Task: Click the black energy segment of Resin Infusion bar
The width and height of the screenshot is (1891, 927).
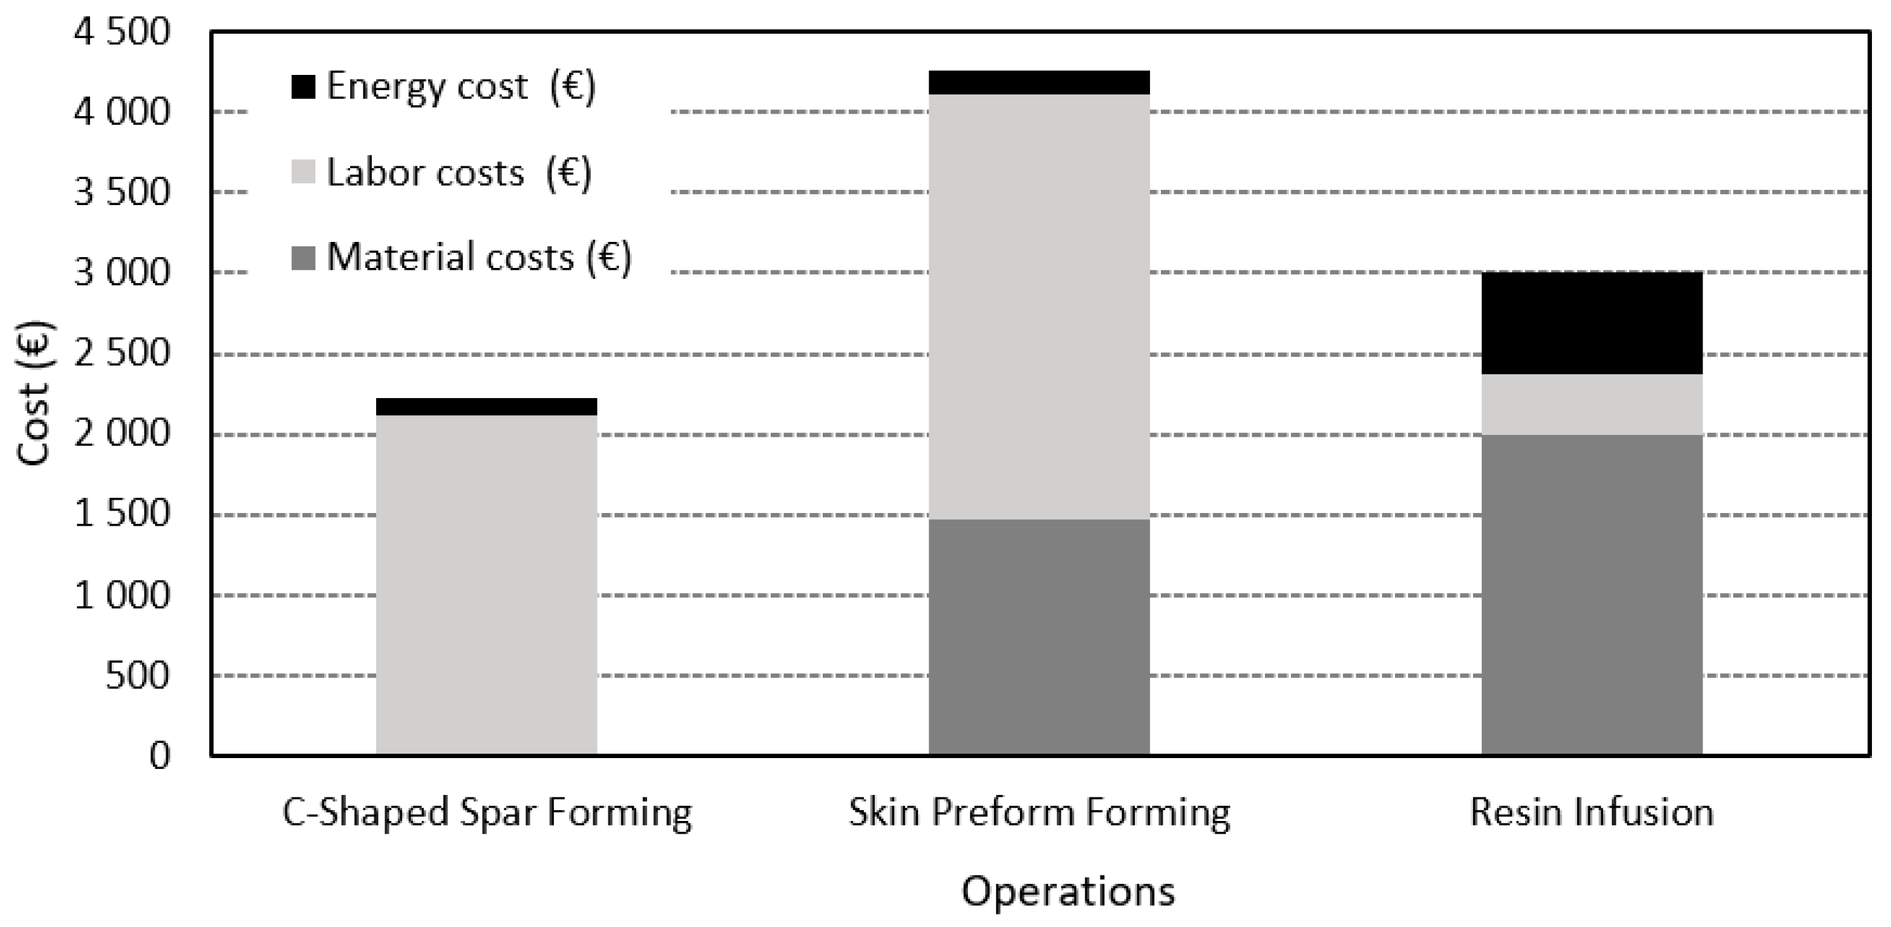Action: (x=1592, y=323)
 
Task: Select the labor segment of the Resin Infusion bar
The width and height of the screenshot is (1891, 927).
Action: (x=1592, y=404)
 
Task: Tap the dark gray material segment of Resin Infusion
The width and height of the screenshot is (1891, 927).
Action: (x=1592, y=595)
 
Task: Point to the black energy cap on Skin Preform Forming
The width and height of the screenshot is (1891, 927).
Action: (x=1038, y=83)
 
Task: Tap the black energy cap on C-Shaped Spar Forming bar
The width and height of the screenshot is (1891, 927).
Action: (x=486, y=406)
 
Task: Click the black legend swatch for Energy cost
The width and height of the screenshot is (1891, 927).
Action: (x=303, y=87)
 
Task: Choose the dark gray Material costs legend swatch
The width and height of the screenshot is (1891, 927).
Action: (x=303, y=258)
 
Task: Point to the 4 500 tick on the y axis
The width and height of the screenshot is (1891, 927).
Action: (x=122, y=32)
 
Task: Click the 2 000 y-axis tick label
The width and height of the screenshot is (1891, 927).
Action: (x=122, y=434)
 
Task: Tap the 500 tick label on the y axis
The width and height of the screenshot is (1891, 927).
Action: (x=137, y=675)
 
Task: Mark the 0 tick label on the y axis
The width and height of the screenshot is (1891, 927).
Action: (x=159, y=755)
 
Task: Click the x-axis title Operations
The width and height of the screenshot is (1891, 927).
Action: (x=1068, y=891)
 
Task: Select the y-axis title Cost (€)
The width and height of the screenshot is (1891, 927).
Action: (x=34, y=393)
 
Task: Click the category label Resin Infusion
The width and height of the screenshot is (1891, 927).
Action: (x=1592, y=813)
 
